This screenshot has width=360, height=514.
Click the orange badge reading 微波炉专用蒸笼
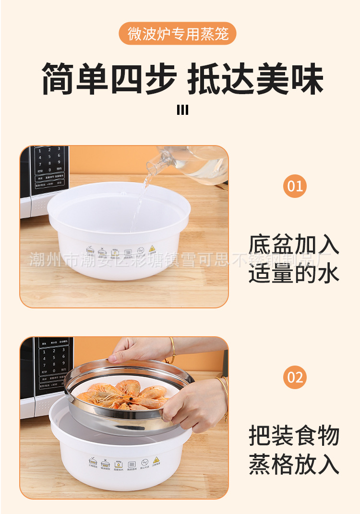tap(178, 34)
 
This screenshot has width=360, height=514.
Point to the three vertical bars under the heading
tap(182, 110)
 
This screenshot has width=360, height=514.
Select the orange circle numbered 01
tap(295, 185)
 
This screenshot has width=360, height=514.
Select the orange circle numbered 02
tap(295, 377)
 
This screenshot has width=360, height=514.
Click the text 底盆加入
tap(294, 245)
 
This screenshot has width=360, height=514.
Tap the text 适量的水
tap(294, 273)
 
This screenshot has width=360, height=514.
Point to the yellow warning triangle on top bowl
tap(152, 249)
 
